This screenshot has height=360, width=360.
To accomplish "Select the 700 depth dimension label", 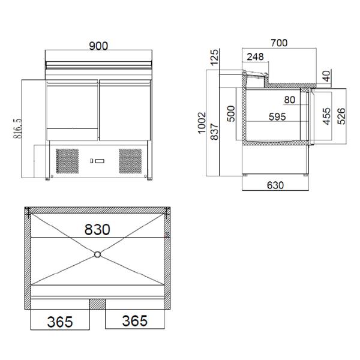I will click(x=279, y=43).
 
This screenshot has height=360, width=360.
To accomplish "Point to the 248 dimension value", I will click(x=254, y=57).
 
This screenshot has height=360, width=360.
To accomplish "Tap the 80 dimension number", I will click(x=290, y=100).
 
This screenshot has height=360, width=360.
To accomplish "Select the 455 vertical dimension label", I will click(x=327, y=115).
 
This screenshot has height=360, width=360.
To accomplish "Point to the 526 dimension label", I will click(x=341, y=115).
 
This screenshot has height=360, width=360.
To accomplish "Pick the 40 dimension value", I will click(x=326, y=76).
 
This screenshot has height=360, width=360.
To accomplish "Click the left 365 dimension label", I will click(x=59, y=321).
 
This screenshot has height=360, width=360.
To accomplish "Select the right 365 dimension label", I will click(x=134, y=321).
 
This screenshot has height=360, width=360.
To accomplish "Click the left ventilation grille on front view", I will click(x=67, y=161).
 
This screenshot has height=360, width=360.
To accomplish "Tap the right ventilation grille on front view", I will click(x=130, y=161).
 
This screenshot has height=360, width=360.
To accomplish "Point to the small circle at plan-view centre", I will click(x=97, y=255).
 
